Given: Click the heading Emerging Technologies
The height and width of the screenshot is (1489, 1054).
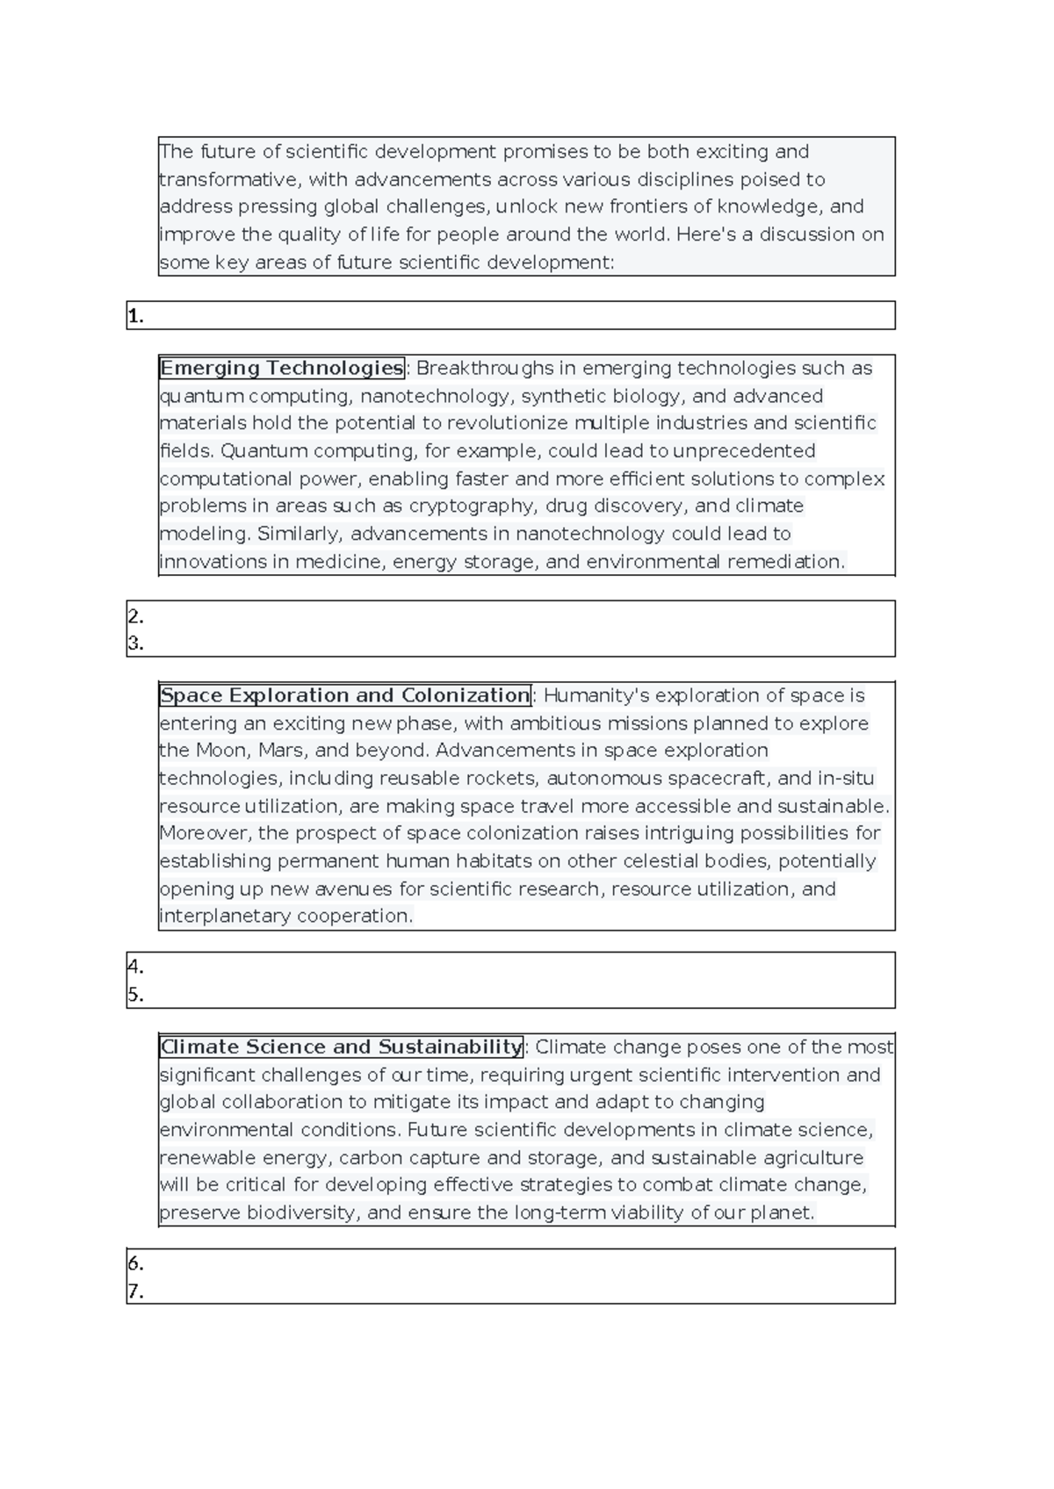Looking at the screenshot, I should click(x=281, y=368).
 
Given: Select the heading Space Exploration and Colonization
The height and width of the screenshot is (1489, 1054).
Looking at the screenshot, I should click(x=345, y=695).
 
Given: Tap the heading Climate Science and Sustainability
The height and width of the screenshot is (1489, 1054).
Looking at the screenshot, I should click(x=342, y=1047).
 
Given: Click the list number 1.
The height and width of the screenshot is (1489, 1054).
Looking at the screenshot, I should click(x=135, y=317).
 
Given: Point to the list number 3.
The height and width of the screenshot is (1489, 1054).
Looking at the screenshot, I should click(x=135, y=644).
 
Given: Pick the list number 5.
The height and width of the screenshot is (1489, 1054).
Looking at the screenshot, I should click(x=135, y=995).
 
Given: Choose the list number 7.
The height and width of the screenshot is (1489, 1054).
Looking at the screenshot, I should click(x=135, y=1291).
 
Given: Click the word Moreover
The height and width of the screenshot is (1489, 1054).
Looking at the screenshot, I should click(x=205, y=833).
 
